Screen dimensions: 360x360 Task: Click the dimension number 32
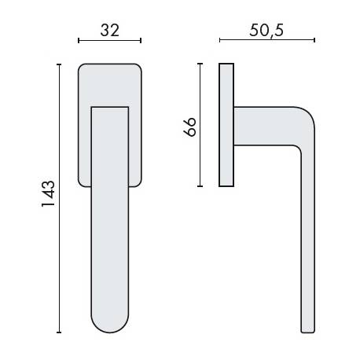[x=110, y=30]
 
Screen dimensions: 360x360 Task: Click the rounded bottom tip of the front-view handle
[x=110, y=327]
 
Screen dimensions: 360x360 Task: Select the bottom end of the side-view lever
[x=307, y=329]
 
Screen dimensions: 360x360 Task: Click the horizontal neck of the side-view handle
[x=263, y=126]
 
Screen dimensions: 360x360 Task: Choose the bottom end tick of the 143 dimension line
[x=60, y=333]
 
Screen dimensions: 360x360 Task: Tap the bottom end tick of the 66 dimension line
[x=200, y=186]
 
